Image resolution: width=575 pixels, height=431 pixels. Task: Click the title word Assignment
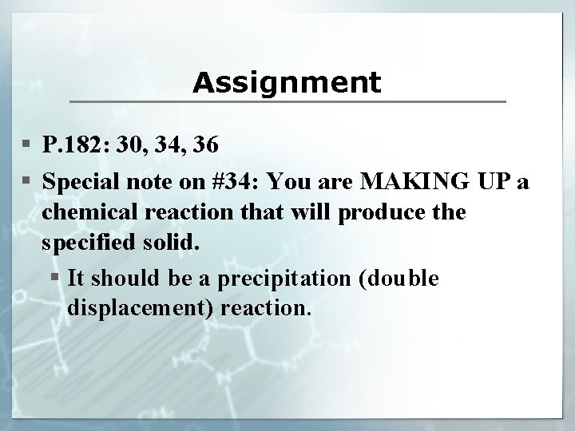[x=287, y=81]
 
